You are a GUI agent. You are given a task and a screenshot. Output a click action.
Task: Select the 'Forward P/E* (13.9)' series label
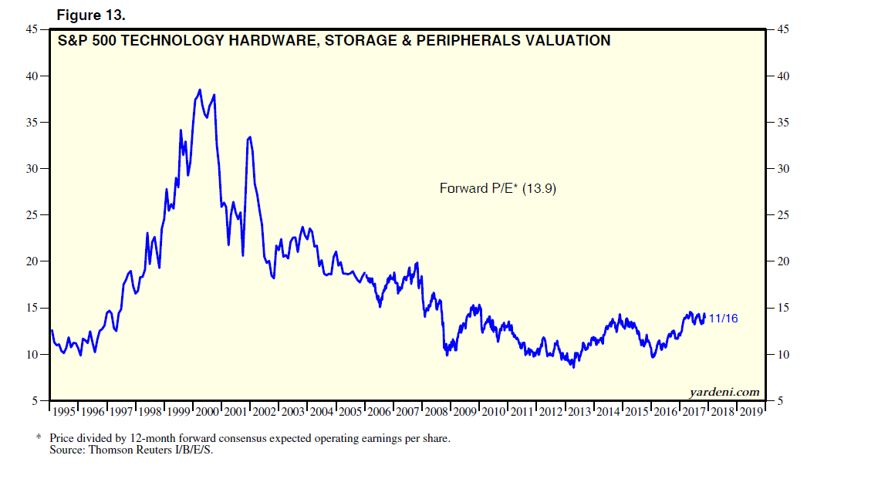[498, 187]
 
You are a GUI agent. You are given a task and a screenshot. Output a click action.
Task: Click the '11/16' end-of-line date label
[723, 318]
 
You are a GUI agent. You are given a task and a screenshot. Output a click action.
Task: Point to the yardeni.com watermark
[724, 392]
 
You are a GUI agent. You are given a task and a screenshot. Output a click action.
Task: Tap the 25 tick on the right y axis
[782, 215]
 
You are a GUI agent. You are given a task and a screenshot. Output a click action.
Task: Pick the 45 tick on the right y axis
[782, 30]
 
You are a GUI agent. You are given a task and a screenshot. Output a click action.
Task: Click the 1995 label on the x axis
[64, 412]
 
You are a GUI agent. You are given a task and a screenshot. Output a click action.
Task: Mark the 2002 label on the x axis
[264, 412]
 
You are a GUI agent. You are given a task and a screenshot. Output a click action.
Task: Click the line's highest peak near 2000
[200, 90]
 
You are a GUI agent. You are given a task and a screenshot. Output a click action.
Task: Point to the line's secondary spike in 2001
[249, 137]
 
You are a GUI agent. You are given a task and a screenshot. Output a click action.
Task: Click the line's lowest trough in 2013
[573, 366]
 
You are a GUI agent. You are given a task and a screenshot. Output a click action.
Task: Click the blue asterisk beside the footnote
[38, 437]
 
